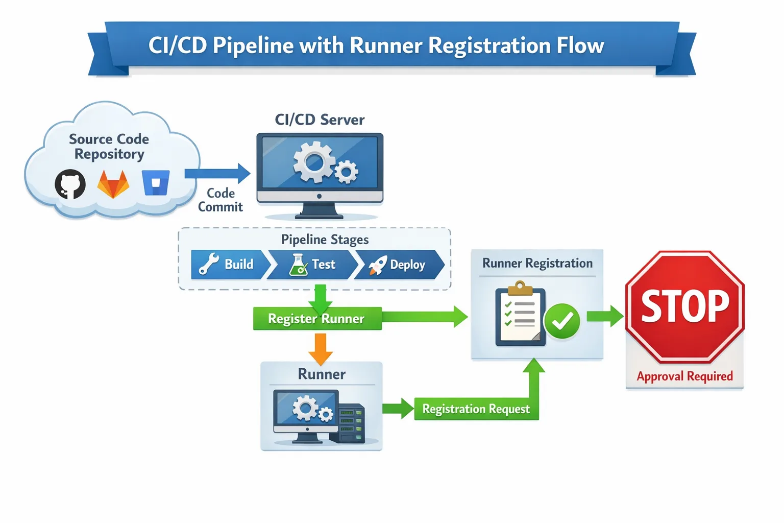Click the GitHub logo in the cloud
tap(70, 184)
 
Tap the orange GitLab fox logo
tap(113, 184)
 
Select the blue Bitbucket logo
tap(156, 183)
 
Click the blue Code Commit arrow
tap(217, 174)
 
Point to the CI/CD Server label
tap(320, 120)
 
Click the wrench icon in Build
tap(209, 265)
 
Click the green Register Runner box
tap(317, 319)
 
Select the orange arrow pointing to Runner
tap(321, 349)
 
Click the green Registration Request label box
tap(476, 409)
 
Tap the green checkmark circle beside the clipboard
tap(562, 321)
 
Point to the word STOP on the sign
tap(685, 306)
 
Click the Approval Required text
tap(684, 376)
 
